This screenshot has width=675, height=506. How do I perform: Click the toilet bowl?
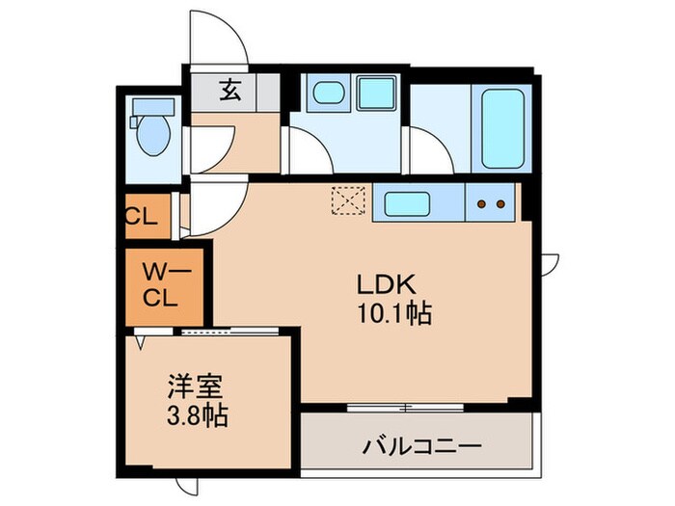point(152,138)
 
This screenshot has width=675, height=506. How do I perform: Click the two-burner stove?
point(490,203)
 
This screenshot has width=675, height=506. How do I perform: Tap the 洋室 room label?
point(197,391)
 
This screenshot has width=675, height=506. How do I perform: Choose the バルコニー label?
point(421,447)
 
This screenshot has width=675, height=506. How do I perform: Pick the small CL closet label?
point(141,216)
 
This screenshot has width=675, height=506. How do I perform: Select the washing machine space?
point(372,95)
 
